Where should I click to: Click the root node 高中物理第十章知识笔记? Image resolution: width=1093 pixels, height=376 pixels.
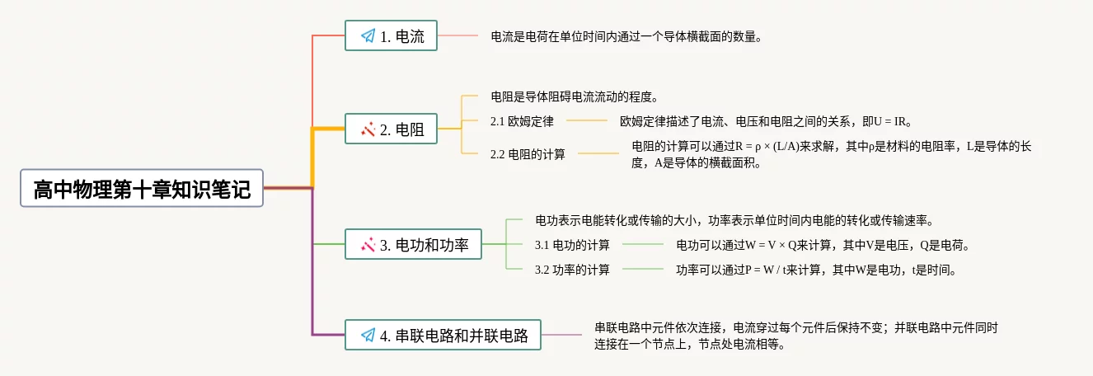[x=142, y=189]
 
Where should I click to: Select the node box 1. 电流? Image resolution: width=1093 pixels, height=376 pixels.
[x=391, y=35]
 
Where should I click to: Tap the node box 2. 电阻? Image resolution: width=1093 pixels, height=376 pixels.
[x=391, y=129]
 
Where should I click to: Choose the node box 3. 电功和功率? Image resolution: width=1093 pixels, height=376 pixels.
[x=413, y=244]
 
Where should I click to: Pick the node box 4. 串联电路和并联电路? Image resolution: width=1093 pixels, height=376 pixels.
[x=443, y=335]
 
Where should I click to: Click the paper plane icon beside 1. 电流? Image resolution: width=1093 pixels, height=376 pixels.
[x=368, y=36]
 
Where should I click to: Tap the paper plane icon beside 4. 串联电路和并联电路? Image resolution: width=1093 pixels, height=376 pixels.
[x=368, y=336]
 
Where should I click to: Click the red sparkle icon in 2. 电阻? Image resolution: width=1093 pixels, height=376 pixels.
[x=368, y=129]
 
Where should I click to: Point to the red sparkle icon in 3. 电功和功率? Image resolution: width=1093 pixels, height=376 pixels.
[x=368, y=245]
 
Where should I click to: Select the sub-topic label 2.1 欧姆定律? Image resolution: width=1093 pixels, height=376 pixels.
[x=522, y=121]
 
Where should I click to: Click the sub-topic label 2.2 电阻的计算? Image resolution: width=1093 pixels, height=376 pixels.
[x=528, y=153]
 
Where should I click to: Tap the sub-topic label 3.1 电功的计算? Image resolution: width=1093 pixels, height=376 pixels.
[x=572, y=245]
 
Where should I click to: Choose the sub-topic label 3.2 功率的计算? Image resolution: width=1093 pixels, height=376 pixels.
[x=572, y=270]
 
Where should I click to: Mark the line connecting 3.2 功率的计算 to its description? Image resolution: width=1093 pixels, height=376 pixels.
[x=643, y=270]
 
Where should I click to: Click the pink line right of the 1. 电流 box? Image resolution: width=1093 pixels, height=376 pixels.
[x=457, y=36]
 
